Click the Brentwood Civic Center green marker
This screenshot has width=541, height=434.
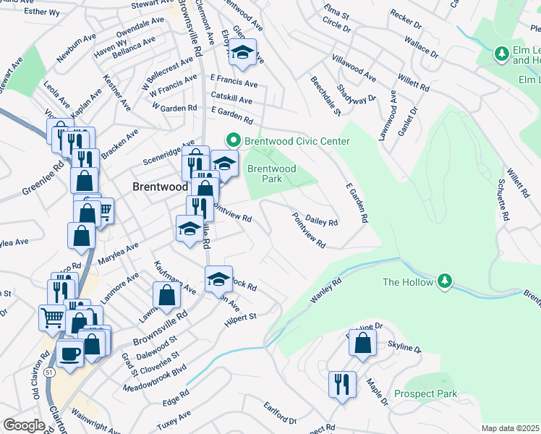click(233, 140)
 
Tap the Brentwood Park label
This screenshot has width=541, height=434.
click(271, 174)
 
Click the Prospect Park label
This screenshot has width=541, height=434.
click(426, 394)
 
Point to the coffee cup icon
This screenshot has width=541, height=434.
click(69, 354)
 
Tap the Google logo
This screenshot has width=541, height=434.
click(24, 425)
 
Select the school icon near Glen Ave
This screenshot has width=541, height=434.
click(244, 52)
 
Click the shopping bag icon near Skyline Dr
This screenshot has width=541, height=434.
click(362, 343)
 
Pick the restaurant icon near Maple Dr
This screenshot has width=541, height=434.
click(341, 383)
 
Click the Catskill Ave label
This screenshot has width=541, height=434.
click(231, 99)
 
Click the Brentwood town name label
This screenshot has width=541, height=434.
click(155, 187)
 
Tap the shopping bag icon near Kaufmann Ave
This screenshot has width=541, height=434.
click(166, 294)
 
